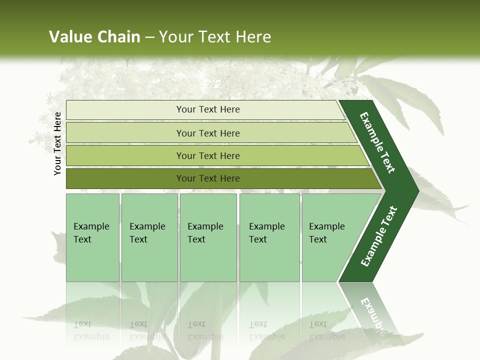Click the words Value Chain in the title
94,37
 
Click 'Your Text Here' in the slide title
215,37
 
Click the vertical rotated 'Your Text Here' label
57,143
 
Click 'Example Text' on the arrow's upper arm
377,142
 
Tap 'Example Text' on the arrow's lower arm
378,236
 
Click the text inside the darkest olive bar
208,178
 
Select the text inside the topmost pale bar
208,109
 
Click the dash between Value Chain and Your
149,37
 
